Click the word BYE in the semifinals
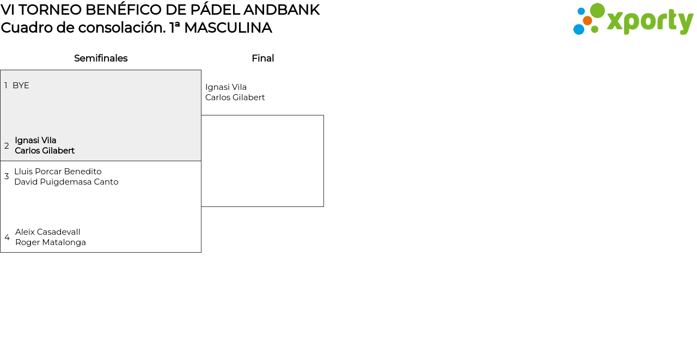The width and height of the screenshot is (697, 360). click(x=21, y=86)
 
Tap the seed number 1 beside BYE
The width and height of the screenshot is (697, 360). click(x=6, y=86)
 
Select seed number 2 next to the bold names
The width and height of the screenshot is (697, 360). click(x=7, y=146)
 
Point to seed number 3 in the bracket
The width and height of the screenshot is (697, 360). click(x=7, y=176)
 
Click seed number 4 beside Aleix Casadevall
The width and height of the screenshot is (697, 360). click(x=7, y=237)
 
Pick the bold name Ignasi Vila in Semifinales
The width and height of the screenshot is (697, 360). click(x=35, y=141)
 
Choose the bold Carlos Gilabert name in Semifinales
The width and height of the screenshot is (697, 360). click(x=45, y=151)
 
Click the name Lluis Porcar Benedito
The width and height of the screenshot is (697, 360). click(x=58, y=172)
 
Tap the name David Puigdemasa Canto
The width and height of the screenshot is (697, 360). click(x=66, y=182)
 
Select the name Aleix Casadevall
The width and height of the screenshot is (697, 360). click(x=48, y=232)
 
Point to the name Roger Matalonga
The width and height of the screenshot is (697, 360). click(x=51, y=242)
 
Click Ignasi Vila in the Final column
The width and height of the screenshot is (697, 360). click(x=226, y=87)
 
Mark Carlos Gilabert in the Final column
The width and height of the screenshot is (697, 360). click(x=235, y=97)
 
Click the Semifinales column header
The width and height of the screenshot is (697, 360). click(x=101, y=58)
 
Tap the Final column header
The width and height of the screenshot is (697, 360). click(x=262, y=58)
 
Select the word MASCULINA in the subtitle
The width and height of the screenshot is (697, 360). click(x=228, y=28)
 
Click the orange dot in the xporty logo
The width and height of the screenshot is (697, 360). click(x=588, y=21)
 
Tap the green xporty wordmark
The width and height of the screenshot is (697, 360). click(x=650, y=22)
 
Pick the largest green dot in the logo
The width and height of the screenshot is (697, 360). click(x=597, y=11)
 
